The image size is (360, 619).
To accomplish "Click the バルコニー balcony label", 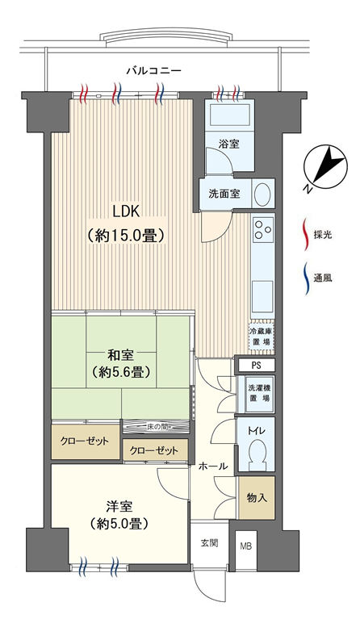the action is pos(154,71).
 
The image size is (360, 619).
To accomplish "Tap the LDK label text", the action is pos(126,211).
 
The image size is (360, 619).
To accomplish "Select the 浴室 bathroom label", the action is pos(229,144).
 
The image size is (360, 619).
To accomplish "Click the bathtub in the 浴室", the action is pos(229,115).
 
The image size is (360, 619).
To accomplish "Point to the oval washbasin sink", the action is pos(262,194).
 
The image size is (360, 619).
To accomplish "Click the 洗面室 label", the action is pos(224,194).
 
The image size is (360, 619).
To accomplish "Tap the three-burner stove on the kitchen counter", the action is pos(263,229).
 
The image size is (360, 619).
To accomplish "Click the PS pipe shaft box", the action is pos(256,365).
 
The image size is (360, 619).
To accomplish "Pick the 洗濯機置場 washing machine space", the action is pos(257,393).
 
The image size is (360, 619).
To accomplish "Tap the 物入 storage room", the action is pos(257,498).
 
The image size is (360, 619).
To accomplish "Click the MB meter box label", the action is pos(246,547).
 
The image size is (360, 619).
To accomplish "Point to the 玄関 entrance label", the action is pos(209,543).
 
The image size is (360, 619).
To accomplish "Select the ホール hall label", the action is pos(213,466).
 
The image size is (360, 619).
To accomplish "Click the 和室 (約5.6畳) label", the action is pos(121,364).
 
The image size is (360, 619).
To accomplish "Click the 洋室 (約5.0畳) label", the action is pos(119,516).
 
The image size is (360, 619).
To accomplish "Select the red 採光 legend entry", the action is pos(317,236).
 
